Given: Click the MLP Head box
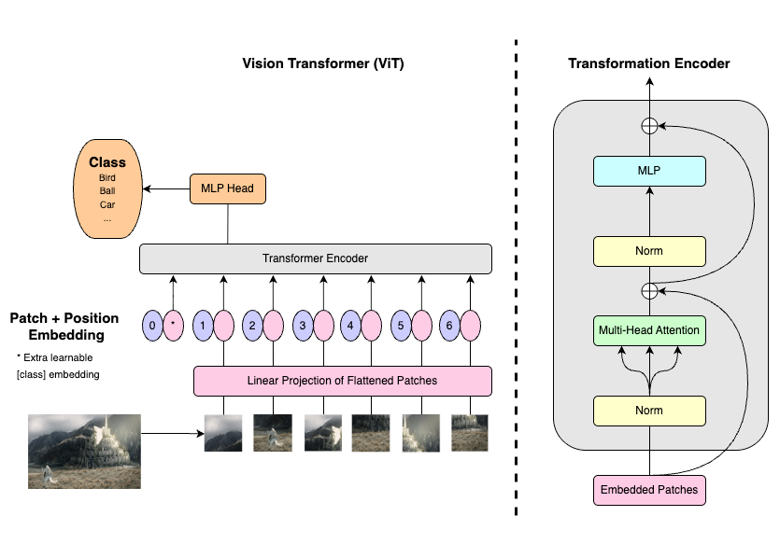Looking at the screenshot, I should [227, 189].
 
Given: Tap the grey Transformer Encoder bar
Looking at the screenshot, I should [315, 258].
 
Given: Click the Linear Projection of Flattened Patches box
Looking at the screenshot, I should [342, 380].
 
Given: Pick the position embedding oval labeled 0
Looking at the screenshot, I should [152, 327].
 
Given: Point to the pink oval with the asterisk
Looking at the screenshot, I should [173, 327].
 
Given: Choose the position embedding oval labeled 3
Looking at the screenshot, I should [303, 327].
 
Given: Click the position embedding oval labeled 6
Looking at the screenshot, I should [450, 327].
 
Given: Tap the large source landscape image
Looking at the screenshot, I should [84, 452].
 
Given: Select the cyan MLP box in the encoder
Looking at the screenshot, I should [648, 171].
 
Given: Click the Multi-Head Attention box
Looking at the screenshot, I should [648, 330].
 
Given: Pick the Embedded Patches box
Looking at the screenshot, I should [648, 489].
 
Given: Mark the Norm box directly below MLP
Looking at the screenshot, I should [648, 250].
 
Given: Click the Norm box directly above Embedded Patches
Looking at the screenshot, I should [648, 410].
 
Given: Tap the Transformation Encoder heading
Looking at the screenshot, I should [649, 63].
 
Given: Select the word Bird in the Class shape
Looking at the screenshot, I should [107, 177].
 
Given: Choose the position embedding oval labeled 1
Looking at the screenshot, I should [203, 327].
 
